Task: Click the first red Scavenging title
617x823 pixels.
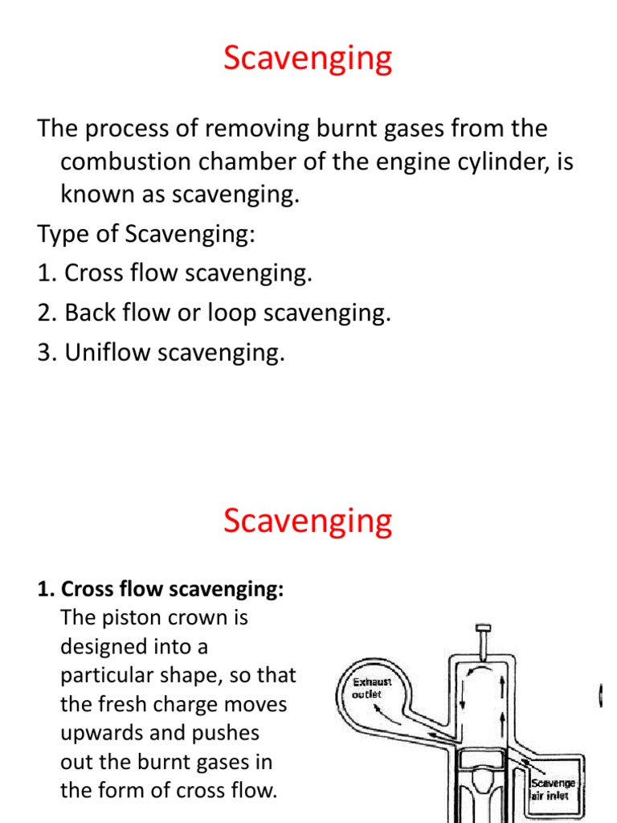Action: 308,59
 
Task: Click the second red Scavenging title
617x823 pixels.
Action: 308,521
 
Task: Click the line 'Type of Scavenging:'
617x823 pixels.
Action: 145,234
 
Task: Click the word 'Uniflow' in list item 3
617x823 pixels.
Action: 110,352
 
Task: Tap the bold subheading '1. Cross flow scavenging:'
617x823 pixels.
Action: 161,589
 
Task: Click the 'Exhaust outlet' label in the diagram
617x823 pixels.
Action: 372,688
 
